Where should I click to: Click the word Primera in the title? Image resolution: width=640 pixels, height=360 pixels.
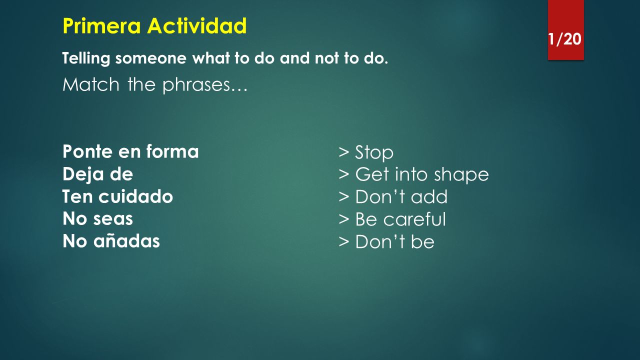coord(101,25)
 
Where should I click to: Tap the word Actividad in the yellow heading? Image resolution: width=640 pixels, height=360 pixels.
coord(197,25)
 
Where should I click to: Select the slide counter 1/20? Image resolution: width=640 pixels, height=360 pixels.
coord(564,39)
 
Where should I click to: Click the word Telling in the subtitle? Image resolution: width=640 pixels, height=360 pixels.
coord(86,58)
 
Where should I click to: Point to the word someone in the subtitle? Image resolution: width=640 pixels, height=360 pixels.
coord(151,58)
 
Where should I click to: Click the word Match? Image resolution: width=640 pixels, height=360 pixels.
coord(91,85)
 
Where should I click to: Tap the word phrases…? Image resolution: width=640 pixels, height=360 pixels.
coord(205,85)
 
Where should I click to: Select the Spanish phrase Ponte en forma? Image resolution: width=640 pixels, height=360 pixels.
coord(130,151)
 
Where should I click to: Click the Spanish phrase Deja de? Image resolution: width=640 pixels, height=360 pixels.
coord(97,174)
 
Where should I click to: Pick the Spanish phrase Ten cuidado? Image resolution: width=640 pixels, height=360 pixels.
coord(117,196)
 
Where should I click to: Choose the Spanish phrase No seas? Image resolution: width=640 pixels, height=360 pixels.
coord(97,219)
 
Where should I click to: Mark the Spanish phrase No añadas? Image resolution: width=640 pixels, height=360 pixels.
coord(111,241)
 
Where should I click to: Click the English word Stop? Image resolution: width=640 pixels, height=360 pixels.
coord(374,152)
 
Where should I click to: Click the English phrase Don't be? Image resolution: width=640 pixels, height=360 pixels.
coord(395,241)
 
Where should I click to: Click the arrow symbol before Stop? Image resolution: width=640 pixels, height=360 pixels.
coord(343,152)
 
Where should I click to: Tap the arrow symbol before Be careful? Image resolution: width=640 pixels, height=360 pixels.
coord(343,219)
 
